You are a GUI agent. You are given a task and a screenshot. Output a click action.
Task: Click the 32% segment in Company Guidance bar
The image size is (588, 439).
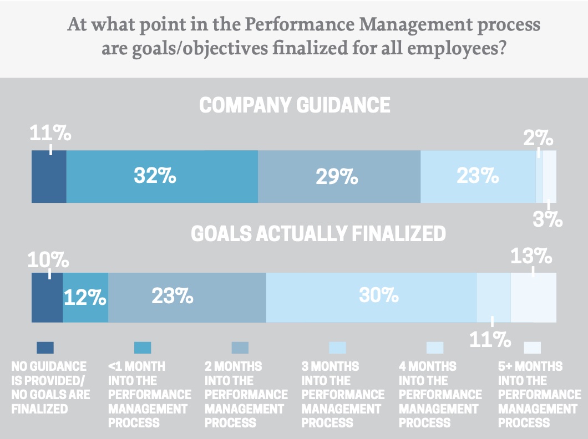tap(161, 176)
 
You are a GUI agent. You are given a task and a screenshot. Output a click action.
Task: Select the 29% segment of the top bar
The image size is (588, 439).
tap(339, 176)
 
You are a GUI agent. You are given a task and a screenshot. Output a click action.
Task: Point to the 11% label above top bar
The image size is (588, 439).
tap(50, 134)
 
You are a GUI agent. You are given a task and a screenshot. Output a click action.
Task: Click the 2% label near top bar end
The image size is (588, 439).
tap(538, 137)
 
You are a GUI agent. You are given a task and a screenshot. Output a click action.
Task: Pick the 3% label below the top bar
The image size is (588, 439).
tap(549, 219)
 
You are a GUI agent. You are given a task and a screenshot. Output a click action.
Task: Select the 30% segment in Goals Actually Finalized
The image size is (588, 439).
tap(371, 297)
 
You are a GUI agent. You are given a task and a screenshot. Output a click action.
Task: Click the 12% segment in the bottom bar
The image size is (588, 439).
tap(85, 298)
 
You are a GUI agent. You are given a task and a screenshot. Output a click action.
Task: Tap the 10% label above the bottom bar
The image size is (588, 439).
tap(49, 259)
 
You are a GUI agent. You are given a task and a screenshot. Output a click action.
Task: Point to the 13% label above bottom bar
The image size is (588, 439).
tap(531, 256)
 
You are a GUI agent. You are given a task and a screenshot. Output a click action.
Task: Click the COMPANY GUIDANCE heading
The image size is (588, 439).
tap(294, 105)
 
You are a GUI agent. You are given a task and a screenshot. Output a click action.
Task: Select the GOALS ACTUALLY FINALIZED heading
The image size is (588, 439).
tap(318, 234)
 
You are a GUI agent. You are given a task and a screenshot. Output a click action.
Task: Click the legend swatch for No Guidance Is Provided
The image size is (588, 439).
tap(45, 348)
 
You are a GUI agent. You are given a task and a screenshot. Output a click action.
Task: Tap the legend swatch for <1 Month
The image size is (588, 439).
tap(143, 348)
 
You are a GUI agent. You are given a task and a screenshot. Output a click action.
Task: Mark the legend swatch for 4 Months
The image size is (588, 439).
tap(435, 348)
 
